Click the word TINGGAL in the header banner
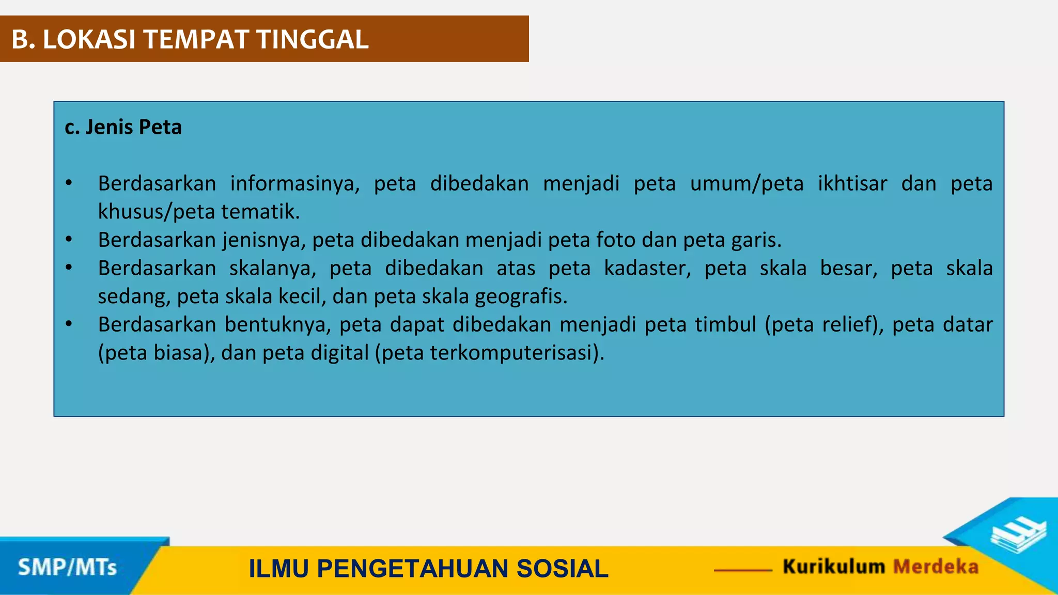coord(313,39)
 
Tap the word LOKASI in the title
coord(89,39)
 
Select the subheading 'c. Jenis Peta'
coord(123,127)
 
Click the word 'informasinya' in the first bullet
coord(295,184)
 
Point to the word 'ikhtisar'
coord(852,184)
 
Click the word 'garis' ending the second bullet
coord(756,240)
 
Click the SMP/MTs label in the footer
coord(67,567)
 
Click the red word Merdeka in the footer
coord(936,567)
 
